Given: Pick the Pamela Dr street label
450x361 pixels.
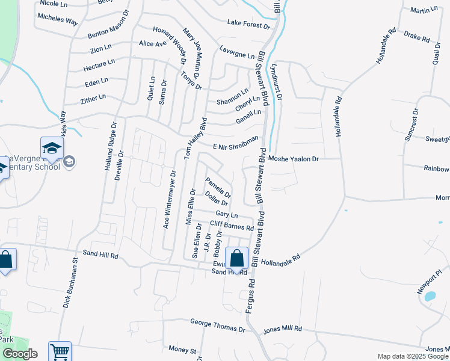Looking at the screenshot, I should (x=218, y=188).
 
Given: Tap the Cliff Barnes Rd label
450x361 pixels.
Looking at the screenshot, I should (x=232, y=226).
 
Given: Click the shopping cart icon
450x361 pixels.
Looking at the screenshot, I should (x=60, y=351).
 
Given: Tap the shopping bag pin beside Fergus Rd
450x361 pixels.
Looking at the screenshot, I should (x=237, y=258).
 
